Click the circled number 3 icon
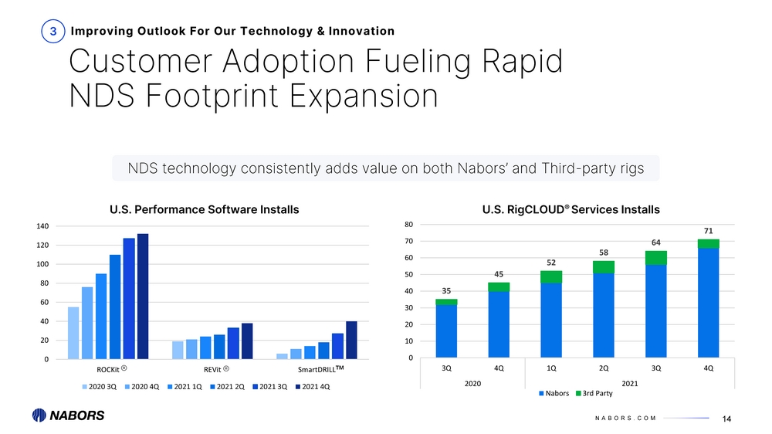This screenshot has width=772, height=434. click(x=53, y=31)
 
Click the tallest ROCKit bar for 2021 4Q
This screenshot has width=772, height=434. click(x=143, y=296)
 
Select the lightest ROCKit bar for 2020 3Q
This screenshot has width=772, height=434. click(x=73, y=333)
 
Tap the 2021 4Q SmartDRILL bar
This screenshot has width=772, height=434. click(x=351, y=340)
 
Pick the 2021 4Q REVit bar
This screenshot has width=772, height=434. click(x=247, y=341)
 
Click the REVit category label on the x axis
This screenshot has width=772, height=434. click(x=216, y=369)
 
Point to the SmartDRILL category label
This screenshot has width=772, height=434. click(x=320, y=369)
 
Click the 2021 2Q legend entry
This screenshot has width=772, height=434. click(x=228, y=387)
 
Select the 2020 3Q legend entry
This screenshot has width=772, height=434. click(x=100, y=387)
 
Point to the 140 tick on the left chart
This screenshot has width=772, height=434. click(x=42, y=226)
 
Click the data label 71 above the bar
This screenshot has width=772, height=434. click(x=709, y=231)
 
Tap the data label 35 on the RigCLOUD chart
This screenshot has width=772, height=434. click(x=446, y=291)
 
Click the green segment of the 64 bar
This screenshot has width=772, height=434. click(x=655, y=258)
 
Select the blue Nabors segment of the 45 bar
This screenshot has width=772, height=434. click(x=499, y=324)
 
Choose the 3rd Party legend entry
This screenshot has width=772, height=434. click(x=594, y=393)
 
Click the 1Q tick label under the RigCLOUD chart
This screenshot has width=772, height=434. click(x=551, y=368)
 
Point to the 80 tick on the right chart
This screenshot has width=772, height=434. click(x=409, y=225)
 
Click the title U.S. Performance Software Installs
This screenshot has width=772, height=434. click(x=205, y=209)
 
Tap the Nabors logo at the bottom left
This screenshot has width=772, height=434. click(x=69, y=415)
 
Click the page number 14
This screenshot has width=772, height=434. click(x=726, y=419)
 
